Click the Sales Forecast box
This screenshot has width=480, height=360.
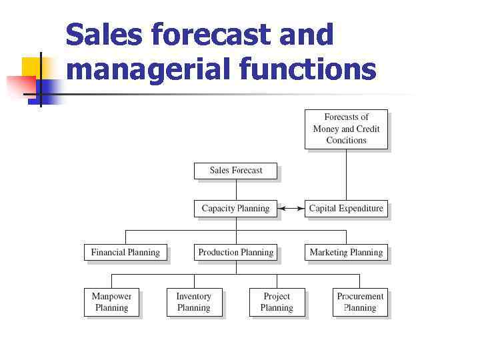point(236,171)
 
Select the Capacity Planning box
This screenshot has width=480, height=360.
point(235,209)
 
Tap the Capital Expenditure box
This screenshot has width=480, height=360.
point(346,209)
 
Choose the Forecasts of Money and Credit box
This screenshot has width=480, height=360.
point(346,129)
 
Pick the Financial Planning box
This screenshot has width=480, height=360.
point(125,253)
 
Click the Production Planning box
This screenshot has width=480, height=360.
point(236,253)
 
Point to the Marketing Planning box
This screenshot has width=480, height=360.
point(346,253)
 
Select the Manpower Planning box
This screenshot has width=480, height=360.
point(111,302)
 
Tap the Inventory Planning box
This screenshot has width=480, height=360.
point(194,302)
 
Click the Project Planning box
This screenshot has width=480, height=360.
point(277,302)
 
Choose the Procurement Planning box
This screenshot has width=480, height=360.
point(360,302)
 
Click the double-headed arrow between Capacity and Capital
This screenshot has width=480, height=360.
point(290,209)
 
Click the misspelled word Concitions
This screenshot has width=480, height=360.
point(346,141)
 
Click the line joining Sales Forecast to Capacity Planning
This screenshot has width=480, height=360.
point(236,189)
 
